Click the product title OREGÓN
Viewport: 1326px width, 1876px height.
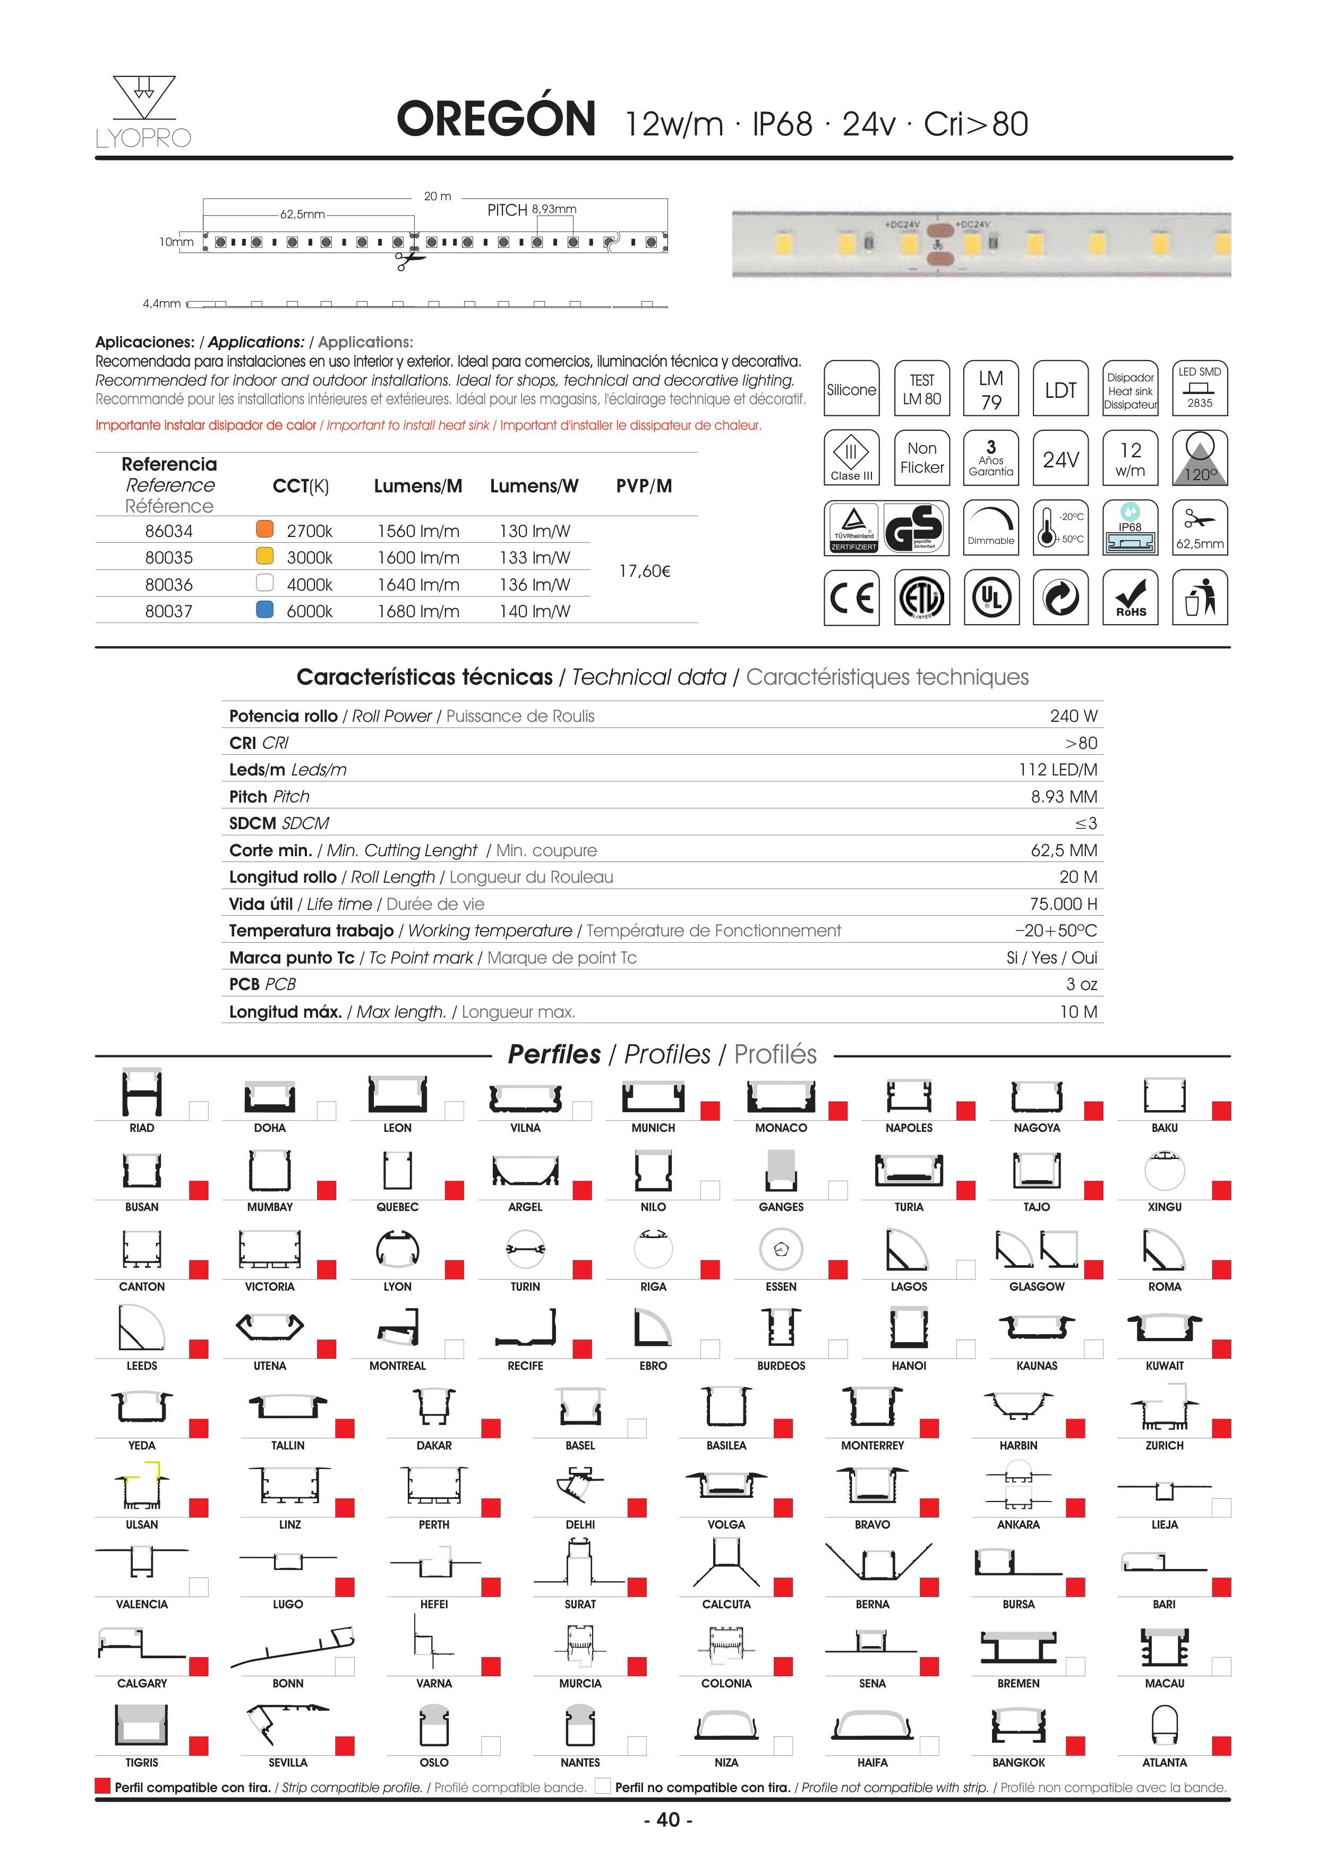pyautogui.click(x=496, y=120)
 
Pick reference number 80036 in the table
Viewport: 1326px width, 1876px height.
pyautogui.click(x=169, y=585)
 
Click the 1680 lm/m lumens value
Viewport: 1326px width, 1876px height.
pyautogui.click(x=418, y=611)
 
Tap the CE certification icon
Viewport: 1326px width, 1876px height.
pyautogui.click(x=851, y=598)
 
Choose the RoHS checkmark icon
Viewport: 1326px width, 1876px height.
pyautogui.click(x=1130, y=598)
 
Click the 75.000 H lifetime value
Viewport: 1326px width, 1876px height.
pyautogui.click(x=1063, y=903)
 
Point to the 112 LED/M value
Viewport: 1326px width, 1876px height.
pyautogui.click(x=1057, y=770)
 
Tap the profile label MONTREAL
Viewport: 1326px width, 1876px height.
pyautogui.click(x=397, y=1366)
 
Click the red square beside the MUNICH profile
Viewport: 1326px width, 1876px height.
pyautogui.click(x=710, y=1111)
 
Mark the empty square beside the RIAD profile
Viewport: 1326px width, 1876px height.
pyautogui.click(x=199, y=1111)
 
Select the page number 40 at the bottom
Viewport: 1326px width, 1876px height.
pyautogui.click(x=669, y=1820)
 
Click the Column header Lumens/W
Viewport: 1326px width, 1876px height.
pyautogui.click(x=534, y=486)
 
